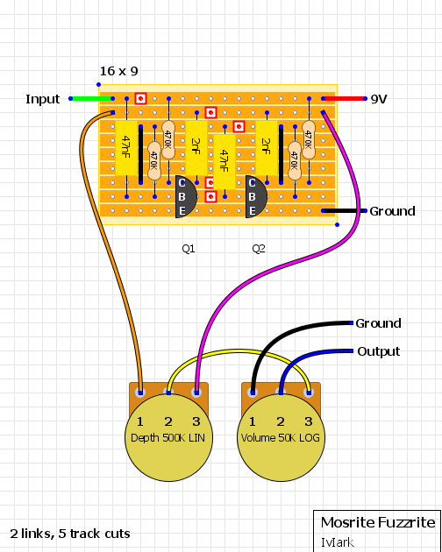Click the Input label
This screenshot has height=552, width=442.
tap(43, 99)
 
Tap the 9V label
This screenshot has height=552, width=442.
tap(379, 99)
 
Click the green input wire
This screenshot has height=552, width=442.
tap(91, 98)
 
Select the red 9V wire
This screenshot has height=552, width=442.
tap(345, 98)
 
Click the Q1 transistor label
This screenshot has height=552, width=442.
tap(189, 249)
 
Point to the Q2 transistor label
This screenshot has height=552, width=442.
tap(259, 249)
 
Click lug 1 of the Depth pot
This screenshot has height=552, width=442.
tap(140, 393)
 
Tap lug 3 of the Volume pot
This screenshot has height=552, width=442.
tap(309, 393)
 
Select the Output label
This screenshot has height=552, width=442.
tap(379, 351)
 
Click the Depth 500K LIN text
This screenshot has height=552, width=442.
tap(168, 437)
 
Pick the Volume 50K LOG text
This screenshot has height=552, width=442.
tap(281, 437)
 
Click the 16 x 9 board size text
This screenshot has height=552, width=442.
tap(118, 71)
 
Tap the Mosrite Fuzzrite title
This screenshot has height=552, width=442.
tap(378, 522)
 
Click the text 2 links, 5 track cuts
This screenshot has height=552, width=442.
tap(70, 534)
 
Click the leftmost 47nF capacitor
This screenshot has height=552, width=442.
tap(126, 147)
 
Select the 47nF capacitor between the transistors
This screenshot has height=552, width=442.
tap(225, 161)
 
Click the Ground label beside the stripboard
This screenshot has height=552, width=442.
tap(392, 211)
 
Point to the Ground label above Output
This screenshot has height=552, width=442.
tap(378, 323)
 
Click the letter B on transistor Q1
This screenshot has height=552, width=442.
tap(182, 196)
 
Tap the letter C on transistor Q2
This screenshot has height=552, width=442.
tap(252, 183)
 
